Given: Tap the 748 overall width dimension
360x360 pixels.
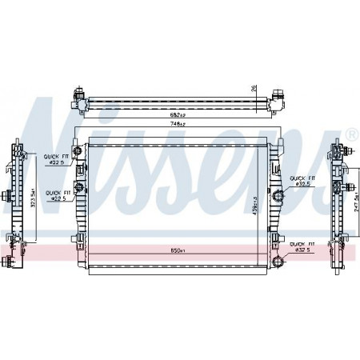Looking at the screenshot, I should pyautogui.click(x=178, y=126).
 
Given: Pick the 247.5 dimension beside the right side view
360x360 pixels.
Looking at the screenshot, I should pyautogui.click(x=354, y=210).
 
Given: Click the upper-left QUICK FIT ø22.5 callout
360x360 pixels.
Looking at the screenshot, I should pyautogui.click(x=54, y=160).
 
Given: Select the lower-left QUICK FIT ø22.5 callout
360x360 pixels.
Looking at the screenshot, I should pyautogui.click(x=58, y=194).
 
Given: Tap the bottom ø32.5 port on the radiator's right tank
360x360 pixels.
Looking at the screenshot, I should pyautogui.click(x=278, y=258).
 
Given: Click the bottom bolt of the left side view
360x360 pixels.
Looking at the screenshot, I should pyautogui.click(x=8, y=262).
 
